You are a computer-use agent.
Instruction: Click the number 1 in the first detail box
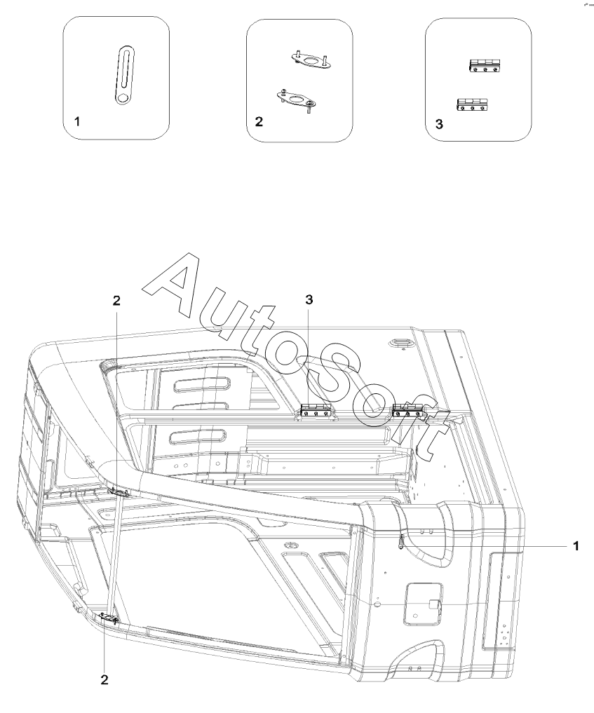point(77,121)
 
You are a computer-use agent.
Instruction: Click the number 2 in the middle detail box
point(259,121)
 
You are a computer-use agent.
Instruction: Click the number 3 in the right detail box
point(439,123)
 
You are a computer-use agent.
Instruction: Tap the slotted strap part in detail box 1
point(124,75)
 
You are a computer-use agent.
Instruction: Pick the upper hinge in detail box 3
point(485,65)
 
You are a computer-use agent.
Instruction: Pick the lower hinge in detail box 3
point(472,104)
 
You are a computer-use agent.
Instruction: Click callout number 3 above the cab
point(309,299)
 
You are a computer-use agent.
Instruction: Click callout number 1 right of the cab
point(576,545)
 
